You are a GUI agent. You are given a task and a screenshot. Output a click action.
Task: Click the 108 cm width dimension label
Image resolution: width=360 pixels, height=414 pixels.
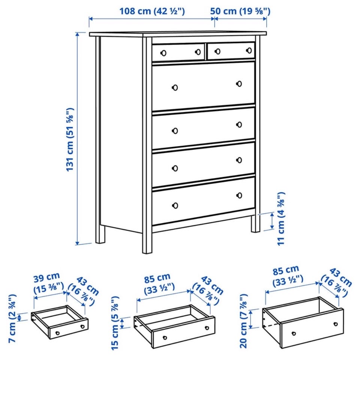(152, 11)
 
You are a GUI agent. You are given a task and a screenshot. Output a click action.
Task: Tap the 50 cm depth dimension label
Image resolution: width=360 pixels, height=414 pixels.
(240, 11)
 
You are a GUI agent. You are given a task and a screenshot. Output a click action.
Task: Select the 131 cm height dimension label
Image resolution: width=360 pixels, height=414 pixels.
(70, 139)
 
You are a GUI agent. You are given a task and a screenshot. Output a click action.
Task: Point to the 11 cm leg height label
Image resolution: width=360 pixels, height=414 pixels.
(281, 218)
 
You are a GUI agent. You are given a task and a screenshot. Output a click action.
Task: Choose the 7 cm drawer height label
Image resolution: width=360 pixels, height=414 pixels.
(12, 318)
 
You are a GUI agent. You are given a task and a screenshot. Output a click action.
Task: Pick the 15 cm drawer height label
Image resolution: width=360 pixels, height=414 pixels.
(115, 323)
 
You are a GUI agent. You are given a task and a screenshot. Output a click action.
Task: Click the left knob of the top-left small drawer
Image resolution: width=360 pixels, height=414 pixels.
(163, 53)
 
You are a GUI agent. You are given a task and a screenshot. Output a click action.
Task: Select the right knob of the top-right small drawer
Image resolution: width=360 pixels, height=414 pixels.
(249, 50)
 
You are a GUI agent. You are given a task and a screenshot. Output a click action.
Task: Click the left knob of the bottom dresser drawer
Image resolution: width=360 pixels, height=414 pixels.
(175, 205)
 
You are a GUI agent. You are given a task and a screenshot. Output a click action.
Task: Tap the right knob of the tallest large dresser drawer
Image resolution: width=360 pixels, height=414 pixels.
(239, 84)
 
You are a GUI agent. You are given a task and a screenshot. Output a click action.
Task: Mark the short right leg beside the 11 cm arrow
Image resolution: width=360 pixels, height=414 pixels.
(255, 224)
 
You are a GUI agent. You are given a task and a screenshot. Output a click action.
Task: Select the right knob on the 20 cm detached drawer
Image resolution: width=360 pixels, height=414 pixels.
(336, 324)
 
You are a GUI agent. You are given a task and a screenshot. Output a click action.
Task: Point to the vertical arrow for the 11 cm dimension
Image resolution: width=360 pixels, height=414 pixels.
(273, 221)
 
